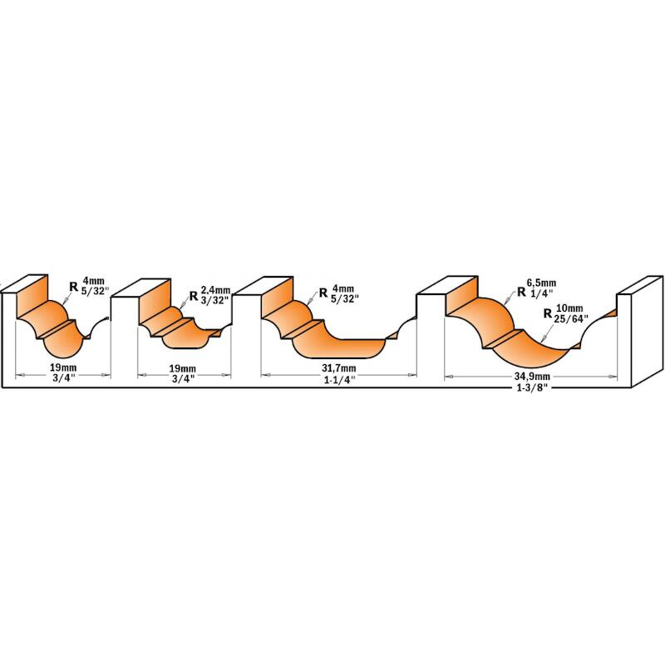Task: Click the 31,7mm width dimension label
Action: tap(338, 368)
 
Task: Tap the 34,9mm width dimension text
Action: tap(532, 377)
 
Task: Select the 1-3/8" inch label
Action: tap(531, 387)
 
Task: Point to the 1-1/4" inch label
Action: tap(339, 381)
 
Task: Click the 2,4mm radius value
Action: tap(215, 290)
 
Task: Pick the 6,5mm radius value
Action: tap(542, 283)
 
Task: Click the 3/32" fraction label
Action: tap(215, 299)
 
